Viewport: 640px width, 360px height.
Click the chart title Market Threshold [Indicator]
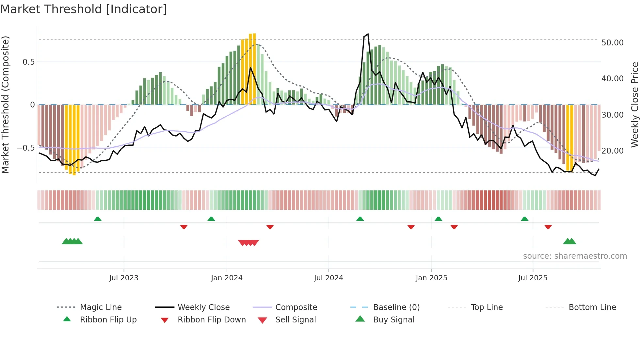(84, 9)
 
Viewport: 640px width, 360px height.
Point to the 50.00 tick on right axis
(612, 43)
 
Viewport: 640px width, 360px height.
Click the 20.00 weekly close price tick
(612, 151)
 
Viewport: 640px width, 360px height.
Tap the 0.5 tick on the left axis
(28, 62)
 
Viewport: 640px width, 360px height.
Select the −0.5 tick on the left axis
(25, 148)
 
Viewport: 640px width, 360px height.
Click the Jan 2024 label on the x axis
(227, 278)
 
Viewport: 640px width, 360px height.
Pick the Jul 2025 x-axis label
(533, 278)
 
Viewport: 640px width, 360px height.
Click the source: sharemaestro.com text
(575, 256)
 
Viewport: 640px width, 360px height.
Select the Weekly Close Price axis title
(634, 105)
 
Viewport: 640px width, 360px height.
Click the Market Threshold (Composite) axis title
(5, 105)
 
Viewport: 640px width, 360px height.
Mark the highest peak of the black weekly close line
(368, 34)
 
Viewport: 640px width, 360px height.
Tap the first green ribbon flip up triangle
(98, 219)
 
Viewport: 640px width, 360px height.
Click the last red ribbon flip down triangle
(548, 227)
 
